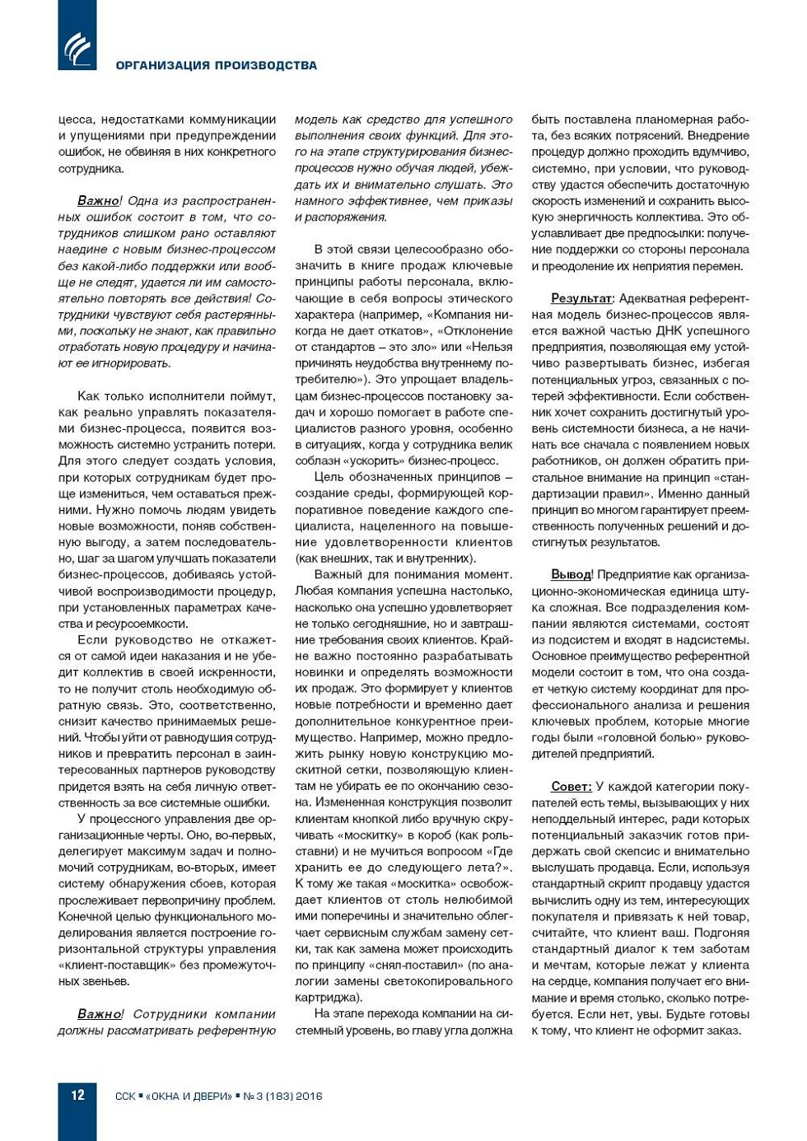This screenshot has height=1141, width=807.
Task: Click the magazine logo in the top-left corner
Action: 77,48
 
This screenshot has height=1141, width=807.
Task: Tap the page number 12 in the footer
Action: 77,1095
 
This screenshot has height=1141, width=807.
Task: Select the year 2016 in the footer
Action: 309,1097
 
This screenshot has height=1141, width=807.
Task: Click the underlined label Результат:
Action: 581,298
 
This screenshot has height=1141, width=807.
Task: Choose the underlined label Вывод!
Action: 571,574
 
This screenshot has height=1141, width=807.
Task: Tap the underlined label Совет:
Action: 571,786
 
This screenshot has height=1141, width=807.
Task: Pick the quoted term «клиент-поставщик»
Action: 109,965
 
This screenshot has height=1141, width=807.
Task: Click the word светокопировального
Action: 449,981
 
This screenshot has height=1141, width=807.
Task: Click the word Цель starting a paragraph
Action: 328,477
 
